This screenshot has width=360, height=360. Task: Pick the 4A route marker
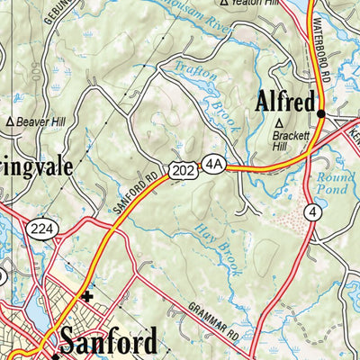212,164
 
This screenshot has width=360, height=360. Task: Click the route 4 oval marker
312,212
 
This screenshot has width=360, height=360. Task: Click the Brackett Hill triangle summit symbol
280,121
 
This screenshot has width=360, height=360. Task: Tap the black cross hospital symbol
86,296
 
